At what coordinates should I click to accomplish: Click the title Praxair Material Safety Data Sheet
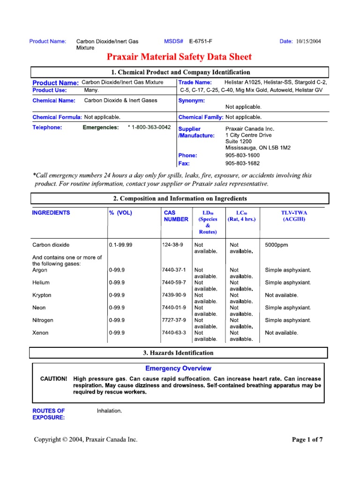(180, 57)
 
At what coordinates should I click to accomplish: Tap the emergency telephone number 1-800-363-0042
(149, 127)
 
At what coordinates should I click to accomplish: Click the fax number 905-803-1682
(242, 164)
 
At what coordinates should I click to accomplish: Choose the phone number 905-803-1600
(242, 155)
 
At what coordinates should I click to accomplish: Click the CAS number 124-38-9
(172, 245)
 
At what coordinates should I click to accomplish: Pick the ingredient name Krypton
(42, 295)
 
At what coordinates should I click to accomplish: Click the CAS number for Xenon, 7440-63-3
(173, 333)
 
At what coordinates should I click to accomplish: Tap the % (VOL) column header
(121, 213)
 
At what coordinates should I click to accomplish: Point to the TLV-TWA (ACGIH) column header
(294, 216)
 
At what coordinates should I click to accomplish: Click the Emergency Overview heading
(178, 368)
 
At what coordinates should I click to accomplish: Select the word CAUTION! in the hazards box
(54, 378)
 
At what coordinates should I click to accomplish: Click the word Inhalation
(109, 411)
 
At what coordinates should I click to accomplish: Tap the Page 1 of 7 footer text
(307, 440)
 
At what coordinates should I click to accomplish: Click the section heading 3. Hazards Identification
(178, 352)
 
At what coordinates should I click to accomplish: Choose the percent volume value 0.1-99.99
(120, 245)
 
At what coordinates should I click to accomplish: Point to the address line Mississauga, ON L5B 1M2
(258, 148)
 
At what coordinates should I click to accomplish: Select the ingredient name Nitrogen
(43, 320)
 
